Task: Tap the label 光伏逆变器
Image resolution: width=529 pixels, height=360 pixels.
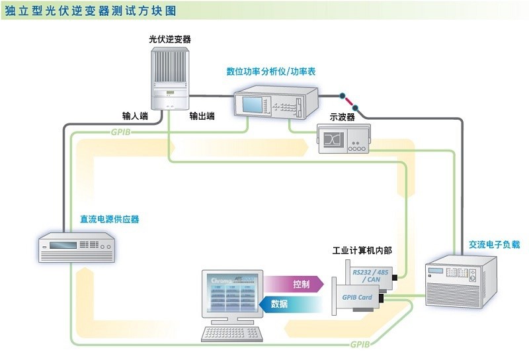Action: pos(170,40)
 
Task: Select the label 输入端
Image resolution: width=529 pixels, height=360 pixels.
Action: pos(136,116)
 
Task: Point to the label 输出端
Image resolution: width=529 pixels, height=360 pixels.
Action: pos(202,116)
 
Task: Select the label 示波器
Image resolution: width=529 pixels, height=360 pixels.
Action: pos(343,117)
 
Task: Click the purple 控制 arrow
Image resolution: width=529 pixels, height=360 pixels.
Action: pos(298,285)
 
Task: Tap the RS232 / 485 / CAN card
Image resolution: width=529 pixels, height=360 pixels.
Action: pos(370,273)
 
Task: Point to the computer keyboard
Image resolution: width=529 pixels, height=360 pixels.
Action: pos(231,335)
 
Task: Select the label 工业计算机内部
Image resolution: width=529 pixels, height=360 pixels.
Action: pos(362,251)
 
